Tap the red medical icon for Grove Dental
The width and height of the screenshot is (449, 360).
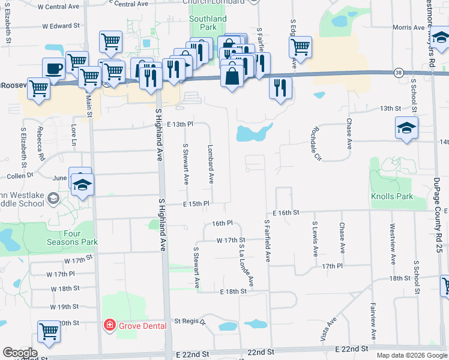(x=109, y=326)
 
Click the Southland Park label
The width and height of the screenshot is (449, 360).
(x=208, y=23)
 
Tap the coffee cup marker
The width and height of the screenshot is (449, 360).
(x=53, y=68)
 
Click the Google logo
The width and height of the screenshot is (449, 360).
(x=20, y=353)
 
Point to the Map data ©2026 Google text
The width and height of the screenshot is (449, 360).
(x=412, y=355)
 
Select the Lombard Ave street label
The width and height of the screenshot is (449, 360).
(x=211, y=163)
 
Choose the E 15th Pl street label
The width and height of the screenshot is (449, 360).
(x=196, y=204)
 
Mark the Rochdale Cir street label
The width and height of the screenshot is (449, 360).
(x=315, y=143)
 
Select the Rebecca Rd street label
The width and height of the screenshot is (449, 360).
(x=41, y=148)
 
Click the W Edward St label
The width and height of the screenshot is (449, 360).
(x=61, y=26)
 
